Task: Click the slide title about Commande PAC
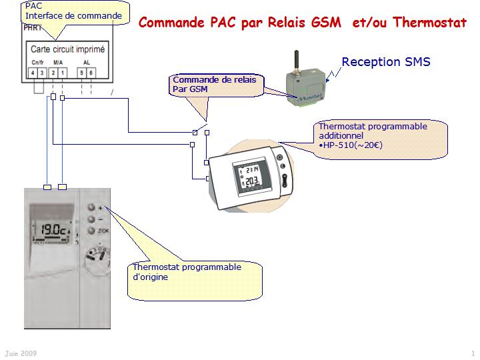tap(302, 22)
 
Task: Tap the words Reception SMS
tap(386, 63)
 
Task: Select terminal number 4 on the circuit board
tap(33, 72)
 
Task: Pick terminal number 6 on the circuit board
tap(91, 72)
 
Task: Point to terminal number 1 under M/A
tap(62, 72)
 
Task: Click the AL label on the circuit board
tap(86, 62)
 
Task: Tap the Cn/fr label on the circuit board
tap(37, 62)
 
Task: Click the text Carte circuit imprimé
tap(67, 49)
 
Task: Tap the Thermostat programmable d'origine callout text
tap(187, 272)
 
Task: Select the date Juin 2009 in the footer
tap(21, 352)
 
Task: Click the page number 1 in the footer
tap(472, 352)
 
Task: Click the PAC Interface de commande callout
tap(73, 11)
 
